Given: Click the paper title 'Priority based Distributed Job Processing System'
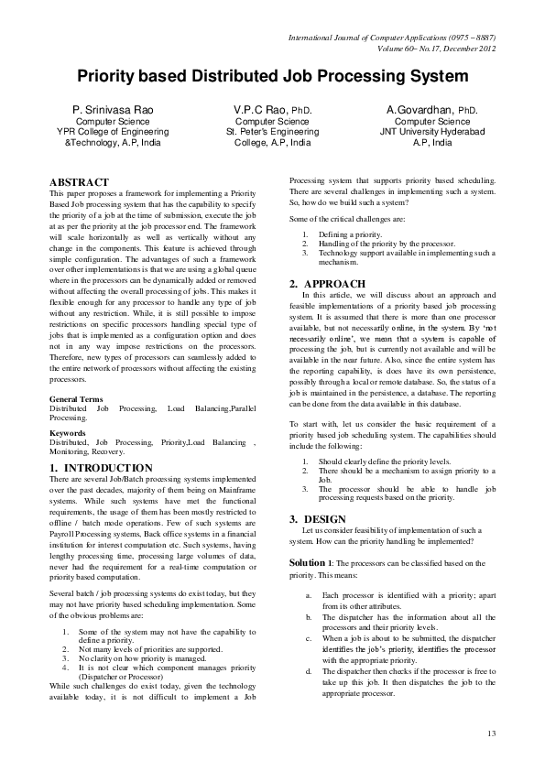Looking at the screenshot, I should click(272, 76).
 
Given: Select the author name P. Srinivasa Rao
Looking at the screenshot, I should click(106, 110).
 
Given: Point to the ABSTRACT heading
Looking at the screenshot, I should click(79, 182).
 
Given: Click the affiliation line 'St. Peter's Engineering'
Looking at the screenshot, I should click(272, 132).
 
